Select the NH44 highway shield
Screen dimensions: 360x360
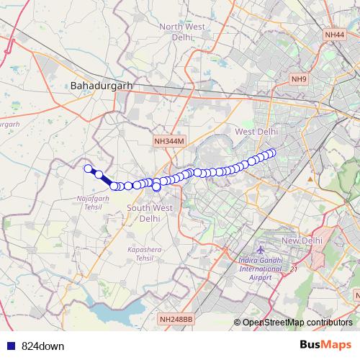tap(334, 34)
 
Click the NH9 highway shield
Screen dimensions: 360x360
tap(299, 78)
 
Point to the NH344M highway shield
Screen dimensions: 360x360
tap(170, 143)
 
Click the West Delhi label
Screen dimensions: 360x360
tap(256, 132)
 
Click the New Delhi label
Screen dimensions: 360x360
tap(300, 240)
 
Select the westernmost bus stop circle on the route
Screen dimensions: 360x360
tap(89, 168)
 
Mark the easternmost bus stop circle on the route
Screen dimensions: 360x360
tap(272, 152)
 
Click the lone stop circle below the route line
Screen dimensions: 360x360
tap(156, 187)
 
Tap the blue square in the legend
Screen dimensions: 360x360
tap(8, 346)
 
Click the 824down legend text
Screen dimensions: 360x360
tap(42, 346)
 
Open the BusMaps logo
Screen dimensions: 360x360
tap(325, 345)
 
